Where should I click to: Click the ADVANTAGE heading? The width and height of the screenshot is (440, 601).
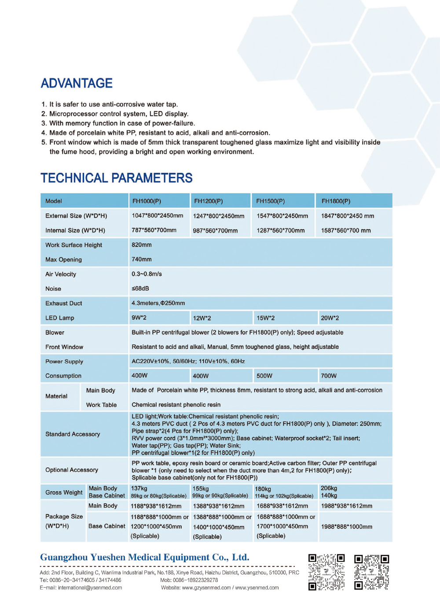coord(77,83)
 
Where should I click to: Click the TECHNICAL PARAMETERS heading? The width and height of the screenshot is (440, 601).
coord(117,178)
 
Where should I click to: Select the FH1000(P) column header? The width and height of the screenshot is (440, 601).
coord(147,201)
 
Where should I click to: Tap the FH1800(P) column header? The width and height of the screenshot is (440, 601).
coord(336,201)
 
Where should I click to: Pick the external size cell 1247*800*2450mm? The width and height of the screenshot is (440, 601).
coord(218,216)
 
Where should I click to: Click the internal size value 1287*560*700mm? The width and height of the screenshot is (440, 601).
coord(280,231)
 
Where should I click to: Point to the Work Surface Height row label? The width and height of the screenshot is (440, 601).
coord(73,245)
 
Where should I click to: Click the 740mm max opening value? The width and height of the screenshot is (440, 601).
coord(142,260)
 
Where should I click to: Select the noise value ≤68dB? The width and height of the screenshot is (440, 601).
coord(140,289)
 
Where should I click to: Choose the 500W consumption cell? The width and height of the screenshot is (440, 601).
coord(264,376)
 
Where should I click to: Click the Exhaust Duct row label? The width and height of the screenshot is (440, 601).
coord(63,303)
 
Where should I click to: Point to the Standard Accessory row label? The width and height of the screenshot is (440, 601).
coord(73,434)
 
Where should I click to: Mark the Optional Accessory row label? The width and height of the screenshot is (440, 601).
coord(72,470)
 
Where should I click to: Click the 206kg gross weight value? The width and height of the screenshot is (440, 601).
coord(329,488)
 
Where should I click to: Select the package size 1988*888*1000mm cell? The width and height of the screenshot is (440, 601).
coord(347,527)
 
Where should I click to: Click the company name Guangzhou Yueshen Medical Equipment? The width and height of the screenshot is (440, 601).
coord(144,557)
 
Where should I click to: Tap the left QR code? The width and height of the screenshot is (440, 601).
coord(326,572)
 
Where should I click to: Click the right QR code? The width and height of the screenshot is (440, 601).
coord(372,572)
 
